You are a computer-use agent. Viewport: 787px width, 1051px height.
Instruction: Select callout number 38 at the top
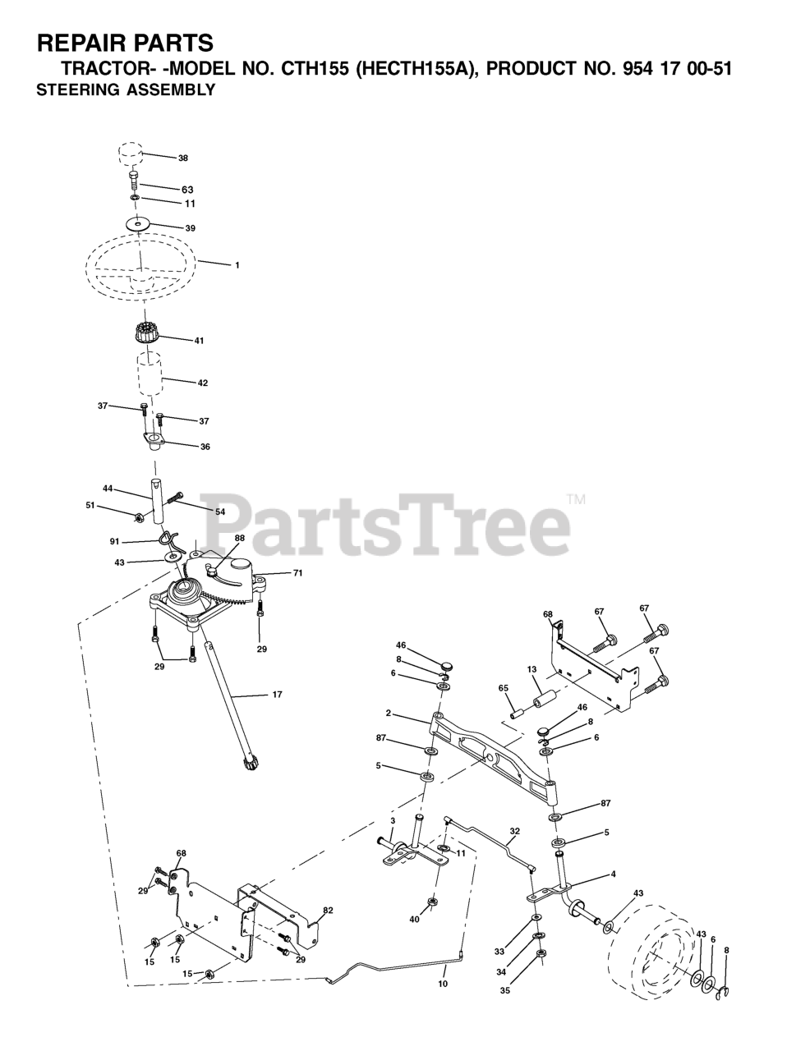click(x=182, y=158)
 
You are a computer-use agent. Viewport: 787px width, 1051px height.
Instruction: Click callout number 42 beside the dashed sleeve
click(x=203, y=383)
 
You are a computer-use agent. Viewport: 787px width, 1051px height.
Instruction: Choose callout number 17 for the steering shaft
click(x=277, y=695)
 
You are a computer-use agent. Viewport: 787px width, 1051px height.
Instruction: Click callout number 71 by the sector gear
click(x=297, y=573)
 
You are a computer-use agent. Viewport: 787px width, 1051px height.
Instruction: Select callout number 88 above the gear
click(x=239, y=539)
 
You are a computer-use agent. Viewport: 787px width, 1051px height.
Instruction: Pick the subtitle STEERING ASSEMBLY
click(x=126, y=90)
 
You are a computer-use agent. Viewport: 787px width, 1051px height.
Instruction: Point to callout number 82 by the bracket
click(x=328, y=910)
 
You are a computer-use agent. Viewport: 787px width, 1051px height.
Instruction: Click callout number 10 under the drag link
click(x=443, y=983)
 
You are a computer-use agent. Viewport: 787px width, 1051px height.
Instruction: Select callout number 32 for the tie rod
click(x=514, y=831)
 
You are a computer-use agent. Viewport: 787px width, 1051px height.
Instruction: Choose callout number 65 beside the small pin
click(x=503, y=687)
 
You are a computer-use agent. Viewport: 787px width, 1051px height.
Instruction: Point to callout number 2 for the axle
click(x=388, y=714)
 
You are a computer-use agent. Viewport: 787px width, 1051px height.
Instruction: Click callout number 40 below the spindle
click(x=414, y=919)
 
